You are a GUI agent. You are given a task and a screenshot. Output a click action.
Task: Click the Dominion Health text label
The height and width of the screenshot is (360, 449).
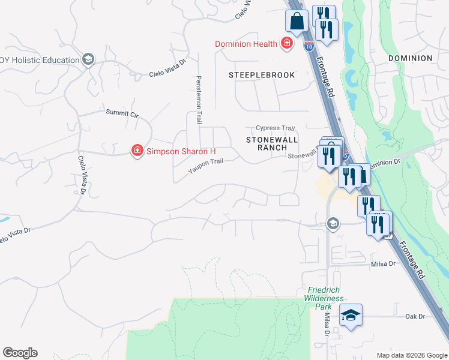246,44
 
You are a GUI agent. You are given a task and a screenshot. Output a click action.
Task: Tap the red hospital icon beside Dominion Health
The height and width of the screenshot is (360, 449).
287,43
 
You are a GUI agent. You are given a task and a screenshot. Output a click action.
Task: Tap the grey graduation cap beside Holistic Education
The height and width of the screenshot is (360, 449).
88,59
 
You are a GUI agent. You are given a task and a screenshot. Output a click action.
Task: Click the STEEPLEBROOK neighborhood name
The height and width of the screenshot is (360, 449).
262,75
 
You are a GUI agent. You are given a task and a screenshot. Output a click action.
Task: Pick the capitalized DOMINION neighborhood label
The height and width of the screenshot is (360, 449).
410,58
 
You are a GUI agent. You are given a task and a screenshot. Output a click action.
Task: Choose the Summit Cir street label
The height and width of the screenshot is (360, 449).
122,113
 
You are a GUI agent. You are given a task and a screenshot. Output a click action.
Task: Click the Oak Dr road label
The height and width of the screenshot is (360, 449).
415,316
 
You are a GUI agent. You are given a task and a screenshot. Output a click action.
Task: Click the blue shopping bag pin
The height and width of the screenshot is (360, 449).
297,21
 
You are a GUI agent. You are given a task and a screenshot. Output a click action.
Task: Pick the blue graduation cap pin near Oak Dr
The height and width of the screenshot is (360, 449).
351,315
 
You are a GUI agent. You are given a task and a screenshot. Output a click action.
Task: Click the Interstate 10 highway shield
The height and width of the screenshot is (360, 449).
309,45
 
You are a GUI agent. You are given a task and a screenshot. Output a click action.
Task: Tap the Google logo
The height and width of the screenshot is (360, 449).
20,353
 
